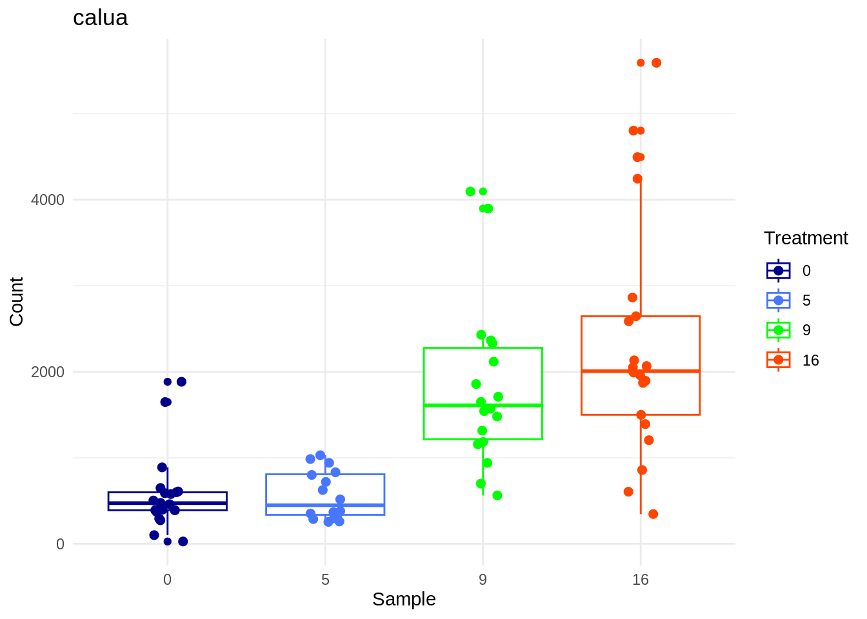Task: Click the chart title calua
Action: pos(100,17)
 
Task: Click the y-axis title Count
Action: pos(17,302)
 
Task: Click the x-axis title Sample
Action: pos(404,600)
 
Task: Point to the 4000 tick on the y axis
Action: pos(48,200)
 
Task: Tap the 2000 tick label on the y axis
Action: pos(48,372)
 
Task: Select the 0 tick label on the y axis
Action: pos(60,544)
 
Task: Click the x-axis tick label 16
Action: pos(640,580)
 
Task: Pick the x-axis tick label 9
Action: pos(483,580)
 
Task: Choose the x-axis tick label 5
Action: pos(325,580)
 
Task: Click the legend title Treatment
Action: pos(806,238)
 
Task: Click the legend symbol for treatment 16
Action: pos(778,360)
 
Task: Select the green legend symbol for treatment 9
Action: pos(778,330)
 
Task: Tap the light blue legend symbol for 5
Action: pos(778,300)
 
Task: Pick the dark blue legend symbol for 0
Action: pos(778,271)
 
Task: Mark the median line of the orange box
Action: pos(640,371)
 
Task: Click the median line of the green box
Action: pos(483,405)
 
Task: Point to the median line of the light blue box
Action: pos(325,505)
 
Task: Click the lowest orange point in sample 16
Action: pos(653,514)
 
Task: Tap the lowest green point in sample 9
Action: pos(497,495)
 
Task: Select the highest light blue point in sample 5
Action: pos(320,455)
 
